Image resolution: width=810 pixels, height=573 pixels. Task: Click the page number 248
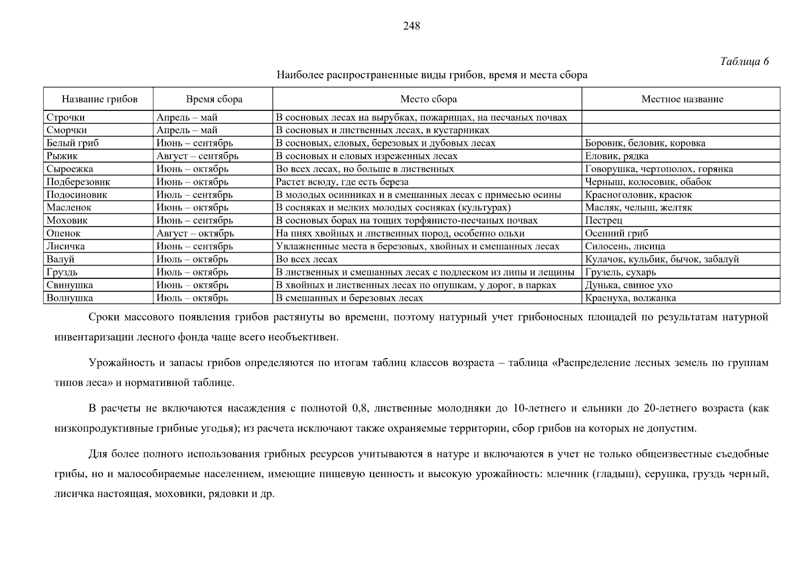(411, 26)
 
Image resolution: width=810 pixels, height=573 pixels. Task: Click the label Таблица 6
(744, 62)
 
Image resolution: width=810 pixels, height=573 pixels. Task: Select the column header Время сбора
(214, 99)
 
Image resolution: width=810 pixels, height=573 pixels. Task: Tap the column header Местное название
(682, 99)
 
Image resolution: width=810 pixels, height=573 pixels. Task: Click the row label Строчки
(65, 117)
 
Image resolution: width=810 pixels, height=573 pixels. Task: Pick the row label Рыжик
(62, 156)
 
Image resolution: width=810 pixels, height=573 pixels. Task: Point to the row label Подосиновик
(76, 195)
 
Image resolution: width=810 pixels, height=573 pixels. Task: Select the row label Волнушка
(70, 298)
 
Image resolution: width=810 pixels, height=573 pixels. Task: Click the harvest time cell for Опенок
(195, 233)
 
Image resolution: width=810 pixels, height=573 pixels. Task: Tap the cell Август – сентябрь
(197, 156)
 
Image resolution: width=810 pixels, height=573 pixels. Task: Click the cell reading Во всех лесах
(306, 259)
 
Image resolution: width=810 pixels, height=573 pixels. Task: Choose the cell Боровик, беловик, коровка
(645, 143)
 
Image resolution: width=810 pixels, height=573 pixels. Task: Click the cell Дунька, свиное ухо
(629, 285)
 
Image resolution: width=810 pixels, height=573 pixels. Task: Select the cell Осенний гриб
(616, 233)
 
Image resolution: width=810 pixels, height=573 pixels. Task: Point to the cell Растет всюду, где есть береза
(342, 182)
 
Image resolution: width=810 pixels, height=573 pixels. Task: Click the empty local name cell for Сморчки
(681, 130)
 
